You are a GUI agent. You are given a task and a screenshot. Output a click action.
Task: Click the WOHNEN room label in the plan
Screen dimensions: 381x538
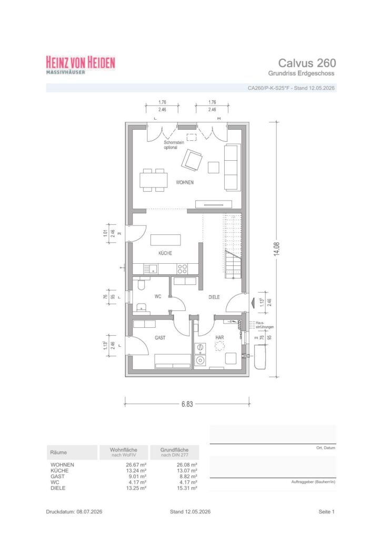coord(185,182)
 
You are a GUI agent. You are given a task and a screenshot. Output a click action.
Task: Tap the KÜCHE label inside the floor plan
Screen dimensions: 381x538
coord(165,253)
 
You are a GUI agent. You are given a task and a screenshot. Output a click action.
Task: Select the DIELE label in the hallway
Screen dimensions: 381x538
coord(214,297)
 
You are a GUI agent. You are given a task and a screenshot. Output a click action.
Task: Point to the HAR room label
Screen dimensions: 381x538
coord(219,337)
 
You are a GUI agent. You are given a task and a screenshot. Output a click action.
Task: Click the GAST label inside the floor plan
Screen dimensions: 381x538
coord(160,338)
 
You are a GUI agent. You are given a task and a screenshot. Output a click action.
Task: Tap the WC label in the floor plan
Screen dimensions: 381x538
coord(158,296)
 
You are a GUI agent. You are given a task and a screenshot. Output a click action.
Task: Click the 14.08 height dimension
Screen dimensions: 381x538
coord(277,249)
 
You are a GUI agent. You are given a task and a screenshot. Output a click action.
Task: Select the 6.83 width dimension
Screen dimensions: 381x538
coord(187,404)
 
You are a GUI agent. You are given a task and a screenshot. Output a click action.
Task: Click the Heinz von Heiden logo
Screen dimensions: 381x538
coord(81,65)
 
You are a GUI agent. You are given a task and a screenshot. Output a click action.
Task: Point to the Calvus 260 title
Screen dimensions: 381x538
coord(307,63)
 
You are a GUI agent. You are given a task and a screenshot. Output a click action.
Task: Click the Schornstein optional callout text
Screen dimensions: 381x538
coord(174,145)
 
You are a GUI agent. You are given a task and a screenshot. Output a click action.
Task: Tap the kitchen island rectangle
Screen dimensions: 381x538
coord(166,240)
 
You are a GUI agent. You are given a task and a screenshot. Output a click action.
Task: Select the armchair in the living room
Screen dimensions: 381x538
coord(192,160)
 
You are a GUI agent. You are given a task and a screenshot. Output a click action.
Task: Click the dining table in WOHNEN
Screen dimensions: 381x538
coord(154,180)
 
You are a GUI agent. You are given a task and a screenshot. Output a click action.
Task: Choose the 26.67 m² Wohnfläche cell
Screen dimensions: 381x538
coord(136,465)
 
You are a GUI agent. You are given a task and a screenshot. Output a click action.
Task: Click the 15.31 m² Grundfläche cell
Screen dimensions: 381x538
coord(186,488)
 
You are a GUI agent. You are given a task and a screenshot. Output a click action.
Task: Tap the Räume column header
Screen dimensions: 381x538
coord(58,452)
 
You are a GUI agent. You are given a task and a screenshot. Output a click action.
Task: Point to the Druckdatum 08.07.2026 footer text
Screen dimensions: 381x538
coord(74,512)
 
